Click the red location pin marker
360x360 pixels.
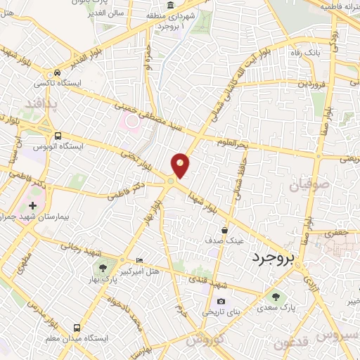tap(181, 165)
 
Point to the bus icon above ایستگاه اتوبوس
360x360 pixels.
tap(58, 136)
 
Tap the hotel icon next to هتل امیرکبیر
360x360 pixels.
tap(139, 261)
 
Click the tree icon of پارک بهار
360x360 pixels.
tap(104, 267)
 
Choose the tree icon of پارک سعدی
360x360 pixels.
tap(275, 295)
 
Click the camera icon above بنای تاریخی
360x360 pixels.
tap(221, 301)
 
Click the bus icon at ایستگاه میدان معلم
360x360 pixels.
tap(76, 328)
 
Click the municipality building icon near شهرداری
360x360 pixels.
tap(171, 5)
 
